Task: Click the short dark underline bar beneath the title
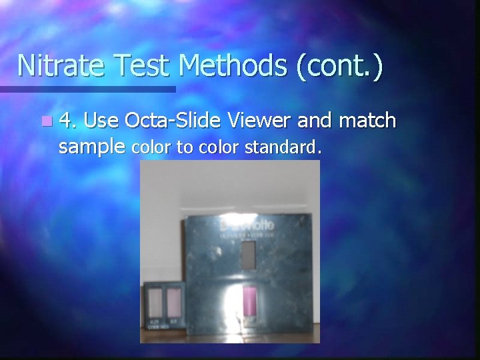[87, 89]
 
